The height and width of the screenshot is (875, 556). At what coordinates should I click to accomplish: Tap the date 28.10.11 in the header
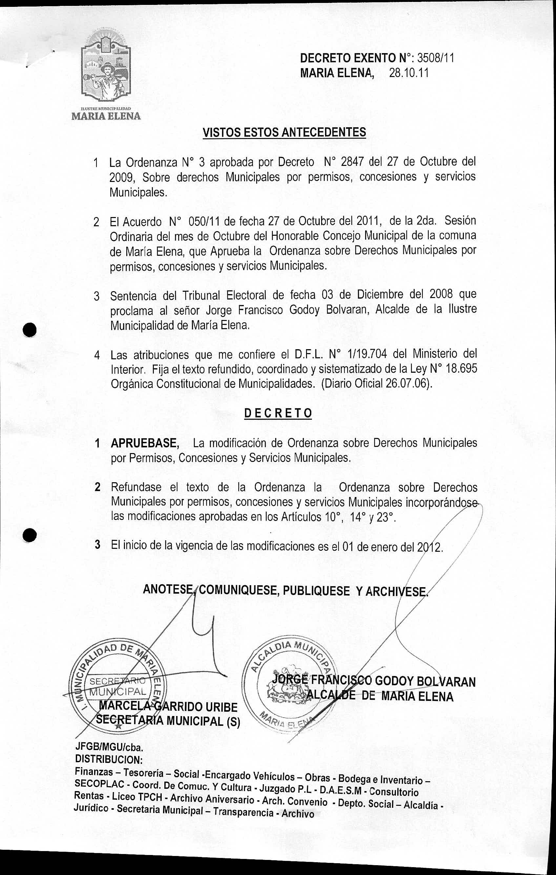[408, 73]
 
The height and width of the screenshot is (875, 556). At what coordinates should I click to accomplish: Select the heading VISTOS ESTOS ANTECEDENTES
[284, 132]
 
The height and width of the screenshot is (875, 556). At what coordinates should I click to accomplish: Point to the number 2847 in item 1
[352, 161]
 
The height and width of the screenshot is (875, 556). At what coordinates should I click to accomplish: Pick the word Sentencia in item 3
[133, 295]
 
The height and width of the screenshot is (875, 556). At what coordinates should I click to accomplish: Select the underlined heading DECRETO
[278, 413]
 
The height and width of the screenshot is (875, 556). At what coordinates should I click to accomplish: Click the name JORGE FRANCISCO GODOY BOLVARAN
[375, 681]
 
